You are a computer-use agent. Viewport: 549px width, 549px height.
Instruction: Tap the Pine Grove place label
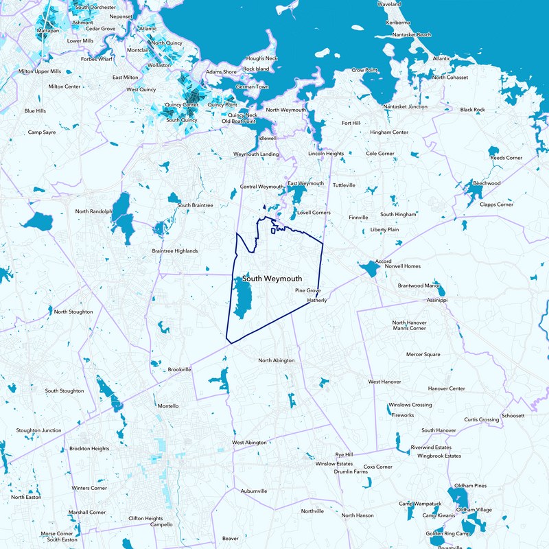coord(308,291)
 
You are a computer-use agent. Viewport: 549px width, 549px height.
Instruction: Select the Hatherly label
coord(317,300)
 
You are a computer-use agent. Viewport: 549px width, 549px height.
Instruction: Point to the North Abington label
coord(276,360)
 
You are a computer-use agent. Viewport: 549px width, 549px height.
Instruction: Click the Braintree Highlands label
coord(174,251)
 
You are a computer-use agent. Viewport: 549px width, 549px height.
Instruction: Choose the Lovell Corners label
coord(314,213)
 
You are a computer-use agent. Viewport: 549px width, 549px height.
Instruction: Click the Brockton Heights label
coord(89,449)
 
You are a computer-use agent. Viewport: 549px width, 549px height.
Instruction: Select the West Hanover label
coord(384,382)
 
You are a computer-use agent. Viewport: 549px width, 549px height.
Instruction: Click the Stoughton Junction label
coord(38,431)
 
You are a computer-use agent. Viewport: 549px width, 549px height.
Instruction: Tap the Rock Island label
coord(256,69)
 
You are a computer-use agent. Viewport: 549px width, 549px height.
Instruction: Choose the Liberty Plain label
coord(384,229)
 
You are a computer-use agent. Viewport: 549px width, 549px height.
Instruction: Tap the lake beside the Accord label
coord(369,269)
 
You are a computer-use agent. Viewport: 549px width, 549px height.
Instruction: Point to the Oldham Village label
coord(474,510)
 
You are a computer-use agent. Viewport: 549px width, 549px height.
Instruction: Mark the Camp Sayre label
coord(42,132)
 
